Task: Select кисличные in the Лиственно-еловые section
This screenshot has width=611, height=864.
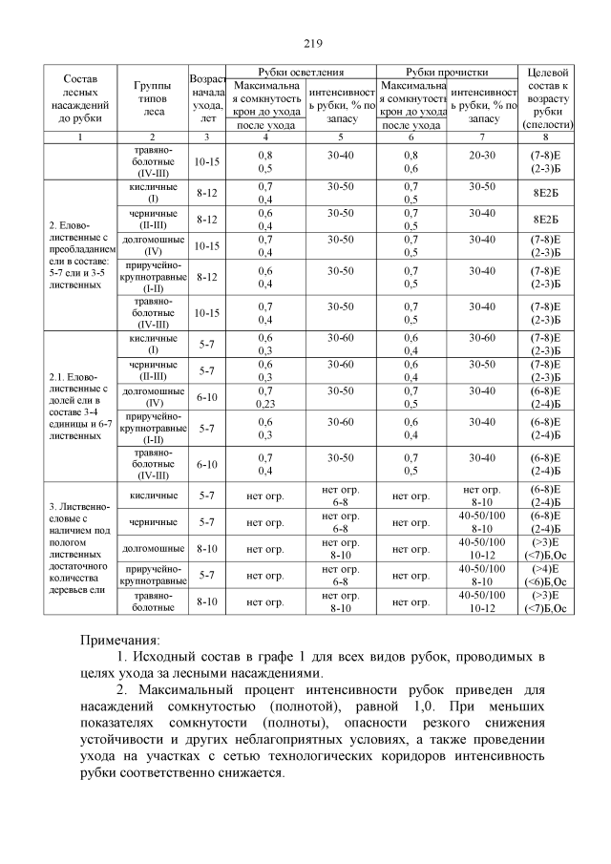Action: [x=152, y=495]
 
